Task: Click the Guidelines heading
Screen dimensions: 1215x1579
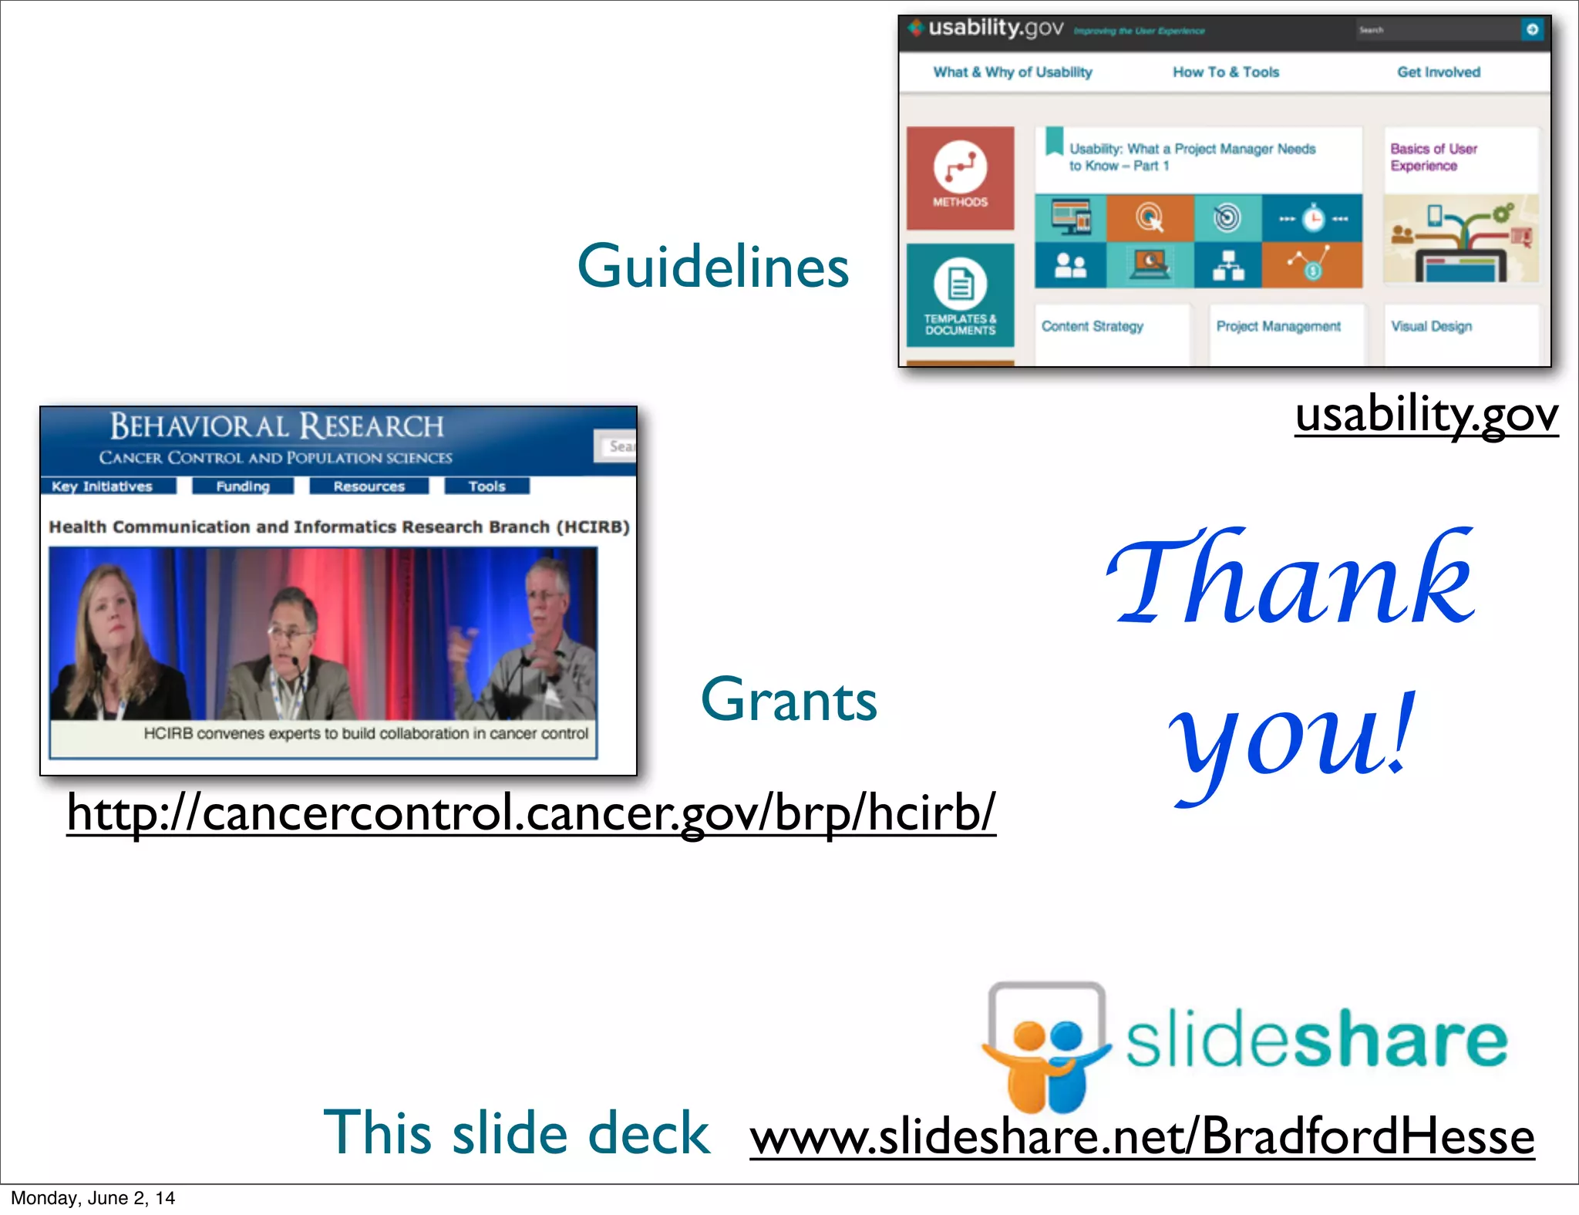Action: click(713, 267)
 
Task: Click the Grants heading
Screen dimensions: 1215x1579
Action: click(789, 700)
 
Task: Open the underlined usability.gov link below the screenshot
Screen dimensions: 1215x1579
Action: click(1426, 415)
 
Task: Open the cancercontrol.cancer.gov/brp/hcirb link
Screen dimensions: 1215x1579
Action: click(531, 813)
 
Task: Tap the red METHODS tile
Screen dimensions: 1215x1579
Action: click(960, 178)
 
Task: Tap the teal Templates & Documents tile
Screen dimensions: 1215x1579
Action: click(960, 295)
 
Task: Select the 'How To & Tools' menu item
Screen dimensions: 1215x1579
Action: click(1226, 72)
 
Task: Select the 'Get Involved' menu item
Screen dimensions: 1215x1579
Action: click(1439, 72)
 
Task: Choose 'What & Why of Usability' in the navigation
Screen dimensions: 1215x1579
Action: click(1012, 72)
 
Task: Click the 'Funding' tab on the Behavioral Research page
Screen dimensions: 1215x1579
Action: click(243, 486)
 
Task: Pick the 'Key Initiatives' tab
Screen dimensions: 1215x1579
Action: click(103, 486)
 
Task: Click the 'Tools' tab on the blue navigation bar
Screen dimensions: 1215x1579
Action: click(486, 486)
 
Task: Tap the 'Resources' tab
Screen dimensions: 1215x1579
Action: click(369, 486)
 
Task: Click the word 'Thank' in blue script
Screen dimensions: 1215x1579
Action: click(1291, 578)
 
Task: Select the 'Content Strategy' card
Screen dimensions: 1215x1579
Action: click(1093, 327)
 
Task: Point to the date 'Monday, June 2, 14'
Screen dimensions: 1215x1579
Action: click(93, 1198)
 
